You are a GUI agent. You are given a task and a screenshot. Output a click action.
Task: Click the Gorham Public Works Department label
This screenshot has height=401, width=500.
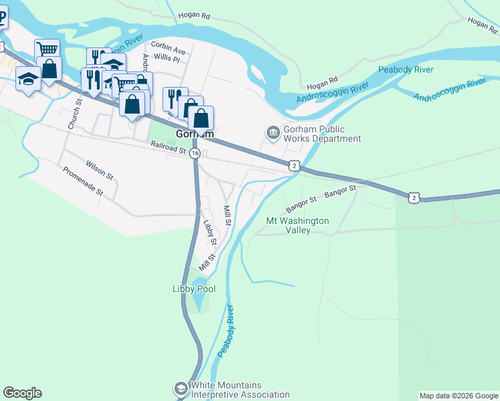pyautogui.click(x=322, y=134)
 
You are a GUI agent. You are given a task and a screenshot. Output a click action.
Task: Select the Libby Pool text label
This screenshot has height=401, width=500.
pyautogui.click(x=194, y=289)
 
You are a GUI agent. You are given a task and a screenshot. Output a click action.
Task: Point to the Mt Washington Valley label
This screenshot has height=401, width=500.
pyautogui.click(x=297, y=225)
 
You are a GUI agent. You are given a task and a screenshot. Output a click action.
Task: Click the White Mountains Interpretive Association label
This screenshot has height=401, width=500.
pyautogui.click(x=240, y=390)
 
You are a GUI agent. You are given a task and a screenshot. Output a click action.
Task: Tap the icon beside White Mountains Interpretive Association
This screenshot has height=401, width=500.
pyautogui.click(x=180, y=388)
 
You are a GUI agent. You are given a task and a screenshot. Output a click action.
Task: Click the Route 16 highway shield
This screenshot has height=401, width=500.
pyautogui.click(x=195, y=153)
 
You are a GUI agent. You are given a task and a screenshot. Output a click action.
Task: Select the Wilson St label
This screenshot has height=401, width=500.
pyautogui.click(x=99, y=169)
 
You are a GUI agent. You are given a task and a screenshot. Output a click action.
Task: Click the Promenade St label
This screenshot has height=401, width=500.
pyautogui.click(x=83, y=181)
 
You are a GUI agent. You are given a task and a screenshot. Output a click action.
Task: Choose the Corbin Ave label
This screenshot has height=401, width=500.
pyautogui.click(x=168, y=49)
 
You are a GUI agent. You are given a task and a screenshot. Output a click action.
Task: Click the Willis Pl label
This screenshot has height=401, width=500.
pyautogui.click(x=166, y=59)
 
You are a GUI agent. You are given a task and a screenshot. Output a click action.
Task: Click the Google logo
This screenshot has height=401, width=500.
pyautogui.click(x=22, y=393)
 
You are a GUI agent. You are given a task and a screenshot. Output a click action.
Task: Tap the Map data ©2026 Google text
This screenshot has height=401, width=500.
pyautogui.click(x=459, y=396)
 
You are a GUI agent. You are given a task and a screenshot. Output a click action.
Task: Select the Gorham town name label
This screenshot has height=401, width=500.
pyautogui.click(x=195, y=134)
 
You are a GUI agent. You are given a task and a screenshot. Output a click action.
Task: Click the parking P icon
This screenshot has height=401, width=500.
pyautogui.click(x=2, y=17)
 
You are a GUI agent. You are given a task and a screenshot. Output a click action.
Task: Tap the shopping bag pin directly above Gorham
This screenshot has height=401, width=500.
pyautogui.click(x=201, y=118)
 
